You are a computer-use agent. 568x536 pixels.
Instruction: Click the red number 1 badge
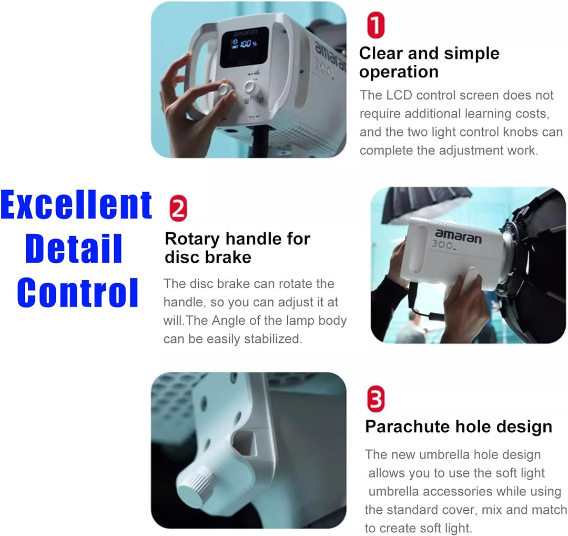(x=376, y=25)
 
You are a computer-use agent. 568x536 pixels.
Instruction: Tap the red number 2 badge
(x=178, y=208)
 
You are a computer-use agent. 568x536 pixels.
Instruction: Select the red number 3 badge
(x=376, y=399)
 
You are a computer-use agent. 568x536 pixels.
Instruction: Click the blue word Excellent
(x=76, y=205)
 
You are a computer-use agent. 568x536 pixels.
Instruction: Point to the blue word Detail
(x=74, y=248)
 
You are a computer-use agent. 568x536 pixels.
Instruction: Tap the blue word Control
(x=77, y=292)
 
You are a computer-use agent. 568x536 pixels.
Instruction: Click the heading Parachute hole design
(x=458, y=427)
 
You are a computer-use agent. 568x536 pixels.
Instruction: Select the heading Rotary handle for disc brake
(x=237, y=248)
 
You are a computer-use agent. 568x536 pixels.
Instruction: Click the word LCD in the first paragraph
(x=399, y=95)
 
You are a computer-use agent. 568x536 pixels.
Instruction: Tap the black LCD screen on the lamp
(x=245, y=47)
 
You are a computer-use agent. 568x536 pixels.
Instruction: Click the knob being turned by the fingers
(x=225, y=88)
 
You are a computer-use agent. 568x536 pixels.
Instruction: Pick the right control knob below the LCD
(x=250, y=87)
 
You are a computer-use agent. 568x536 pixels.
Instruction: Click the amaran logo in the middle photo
(x=458, y=236)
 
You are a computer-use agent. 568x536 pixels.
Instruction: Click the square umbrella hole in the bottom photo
(x=245, y=443)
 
